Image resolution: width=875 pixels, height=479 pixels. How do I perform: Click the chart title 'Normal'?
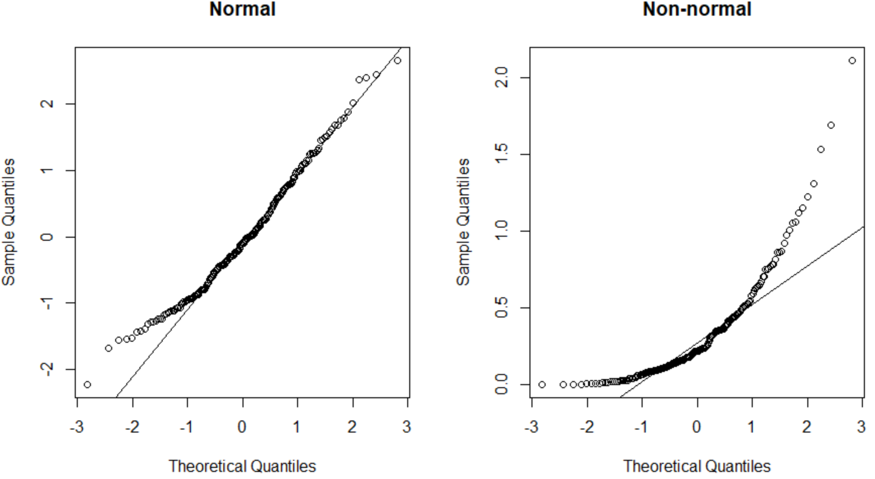(242, 9)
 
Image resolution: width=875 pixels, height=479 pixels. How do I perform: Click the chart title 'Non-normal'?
(697, 9)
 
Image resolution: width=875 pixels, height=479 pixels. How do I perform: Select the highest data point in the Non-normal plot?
(852, 61)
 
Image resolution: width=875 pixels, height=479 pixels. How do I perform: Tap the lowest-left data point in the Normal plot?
(87, 385)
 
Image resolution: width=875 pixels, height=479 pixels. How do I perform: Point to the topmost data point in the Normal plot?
(398, 61)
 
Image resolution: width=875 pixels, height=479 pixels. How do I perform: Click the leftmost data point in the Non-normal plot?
(542, 385)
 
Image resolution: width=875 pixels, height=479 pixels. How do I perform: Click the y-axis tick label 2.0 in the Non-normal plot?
(502, 78)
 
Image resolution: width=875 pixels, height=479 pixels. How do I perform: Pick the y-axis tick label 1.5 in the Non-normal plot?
(502, 154)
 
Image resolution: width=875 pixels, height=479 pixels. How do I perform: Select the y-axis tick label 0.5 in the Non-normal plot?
(502, 308)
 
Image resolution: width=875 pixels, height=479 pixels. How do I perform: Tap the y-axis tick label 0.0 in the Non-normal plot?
(502, 385)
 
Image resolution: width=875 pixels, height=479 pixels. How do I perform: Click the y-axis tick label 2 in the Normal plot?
(47, 104)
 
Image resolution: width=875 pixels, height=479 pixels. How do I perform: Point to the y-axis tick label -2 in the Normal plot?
(47, 369)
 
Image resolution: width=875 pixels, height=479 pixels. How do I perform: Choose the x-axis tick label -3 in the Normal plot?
(77, 428)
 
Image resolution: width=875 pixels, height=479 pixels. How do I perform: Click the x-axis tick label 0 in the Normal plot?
(242, 428)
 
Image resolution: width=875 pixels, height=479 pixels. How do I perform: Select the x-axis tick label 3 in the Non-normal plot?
(861, 428)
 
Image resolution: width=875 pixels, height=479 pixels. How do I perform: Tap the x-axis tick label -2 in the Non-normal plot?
(587, 428)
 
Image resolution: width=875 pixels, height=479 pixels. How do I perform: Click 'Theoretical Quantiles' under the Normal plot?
(242, 466)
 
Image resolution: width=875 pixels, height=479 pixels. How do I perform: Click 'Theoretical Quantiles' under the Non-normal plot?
(697, 466)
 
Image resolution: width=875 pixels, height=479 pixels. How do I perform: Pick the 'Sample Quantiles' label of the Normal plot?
(9, 222)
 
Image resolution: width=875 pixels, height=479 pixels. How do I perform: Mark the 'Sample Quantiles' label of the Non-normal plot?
(463, 222)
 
